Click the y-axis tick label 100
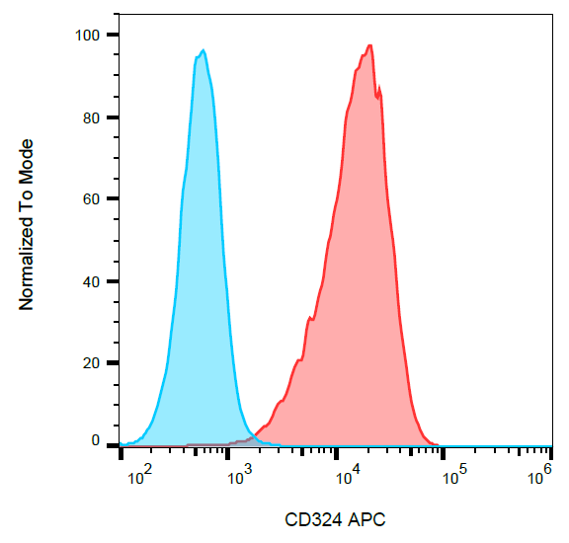pyautogui.click(x=89, y=36)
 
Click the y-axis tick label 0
pyautogui.click(x=96, y=441)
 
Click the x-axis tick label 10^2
pyautogui.click(x=139, y=478)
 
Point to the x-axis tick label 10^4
pyautogui.click(x=346, y=478)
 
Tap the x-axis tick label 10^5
pyautogui.click(x=453, y=478)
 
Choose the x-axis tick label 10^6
pyautogui.click(x=539, y=478)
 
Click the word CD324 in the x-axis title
pyautogui.click(x=309, y=519)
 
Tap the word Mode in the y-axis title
pyautogui.click(x=27, y=162)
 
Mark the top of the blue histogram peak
pyautogui.click(x=203, y=50)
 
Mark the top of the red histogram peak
pyautogui.click(x=369, y=45)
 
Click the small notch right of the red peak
pyautogui.click(x=378, y=94)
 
